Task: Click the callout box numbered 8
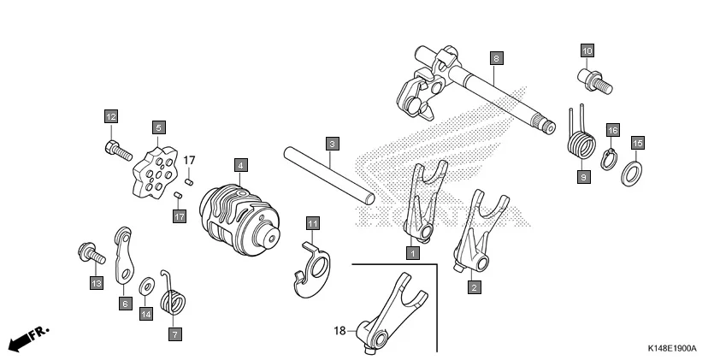click(x=496, y=58)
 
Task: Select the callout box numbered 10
click(x=587, y=50)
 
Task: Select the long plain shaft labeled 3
click(x=329, y=174)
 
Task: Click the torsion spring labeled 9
click(x=580, y=137)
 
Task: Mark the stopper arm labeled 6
click(x=125, y=257)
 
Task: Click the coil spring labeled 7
click(x=175, y=303)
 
